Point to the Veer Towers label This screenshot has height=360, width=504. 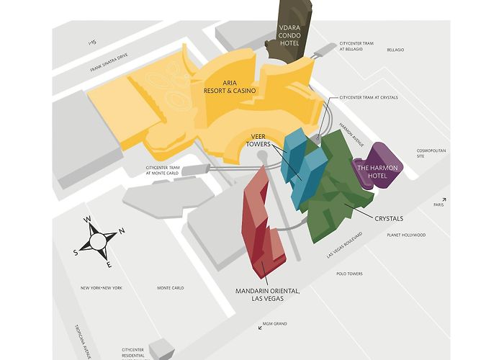[258, 140]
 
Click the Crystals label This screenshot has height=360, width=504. [388, 218]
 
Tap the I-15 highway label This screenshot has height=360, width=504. [91, 44]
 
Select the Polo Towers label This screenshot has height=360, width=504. [350, 274]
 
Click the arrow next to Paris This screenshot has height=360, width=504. [444, 199]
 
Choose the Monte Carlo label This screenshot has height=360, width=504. [171, 288]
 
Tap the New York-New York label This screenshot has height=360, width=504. [102, 288]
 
